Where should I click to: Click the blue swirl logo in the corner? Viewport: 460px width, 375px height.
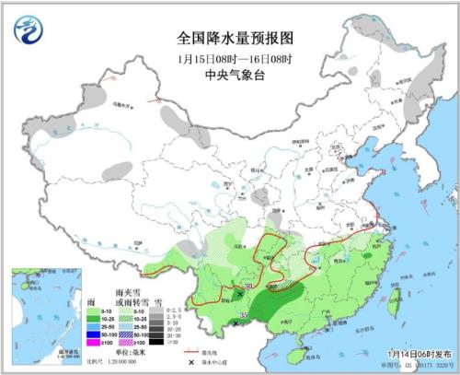[x=29, y=30]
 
